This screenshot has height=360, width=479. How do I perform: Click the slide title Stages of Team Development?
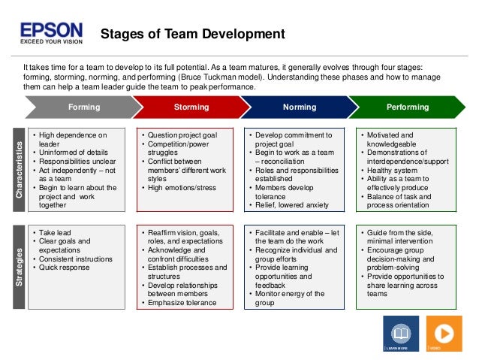pyautogui.click(x=192, y=34)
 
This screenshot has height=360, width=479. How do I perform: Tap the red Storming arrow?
pyautogui.click(x=191, y=107)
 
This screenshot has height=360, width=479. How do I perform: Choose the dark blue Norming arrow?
pyautogui.click(x=299, y=107)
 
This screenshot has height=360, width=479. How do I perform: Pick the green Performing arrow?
pyautogui.click(x=408, y=107)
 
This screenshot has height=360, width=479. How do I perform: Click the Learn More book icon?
pyautogui.click(x=397, y=331)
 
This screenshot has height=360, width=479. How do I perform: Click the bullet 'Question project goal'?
pyautogui.click(x=182, y=135)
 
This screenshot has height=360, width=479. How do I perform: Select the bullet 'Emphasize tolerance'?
pyautogui.click(x=182, y=303)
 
